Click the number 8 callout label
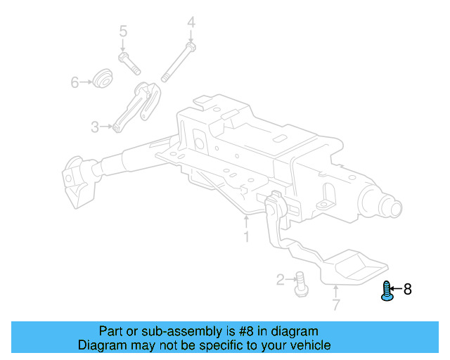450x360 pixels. click(407, 288)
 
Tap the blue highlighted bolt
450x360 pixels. click(386, 290)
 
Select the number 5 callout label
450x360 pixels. click(123, 32)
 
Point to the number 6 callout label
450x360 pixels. click(75, 83)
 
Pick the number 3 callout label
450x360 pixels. click(95, 127)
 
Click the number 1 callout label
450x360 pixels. click(246, 238)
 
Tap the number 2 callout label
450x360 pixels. click(281, 281)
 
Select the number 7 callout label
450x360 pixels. click(335, 305)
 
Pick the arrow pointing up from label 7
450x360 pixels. click(335, 290)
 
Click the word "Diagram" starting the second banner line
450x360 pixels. click(103, 345)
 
